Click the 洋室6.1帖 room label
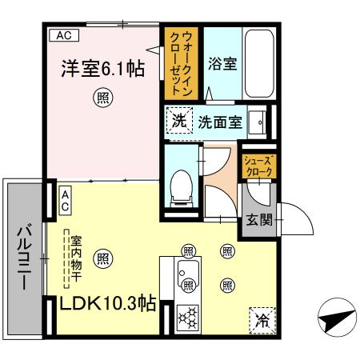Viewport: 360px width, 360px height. tap(103, 69)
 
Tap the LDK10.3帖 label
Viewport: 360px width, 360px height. tap(108, 303)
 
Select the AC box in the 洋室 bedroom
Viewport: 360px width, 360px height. tap(64, 35)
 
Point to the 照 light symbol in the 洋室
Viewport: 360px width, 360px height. tap(103, 98)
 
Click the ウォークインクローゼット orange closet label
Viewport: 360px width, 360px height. tap(181, 63)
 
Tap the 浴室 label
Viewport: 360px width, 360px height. tap(222, 64)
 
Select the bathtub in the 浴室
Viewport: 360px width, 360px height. tap(259, 63)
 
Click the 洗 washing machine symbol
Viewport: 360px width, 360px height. tap(179, 121)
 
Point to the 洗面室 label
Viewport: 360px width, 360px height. tap(220, 122)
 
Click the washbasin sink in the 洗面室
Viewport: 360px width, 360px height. tap(257, 122)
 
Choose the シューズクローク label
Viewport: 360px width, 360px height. tap(258, 166)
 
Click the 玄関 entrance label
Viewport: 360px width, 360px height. tap(259, 220)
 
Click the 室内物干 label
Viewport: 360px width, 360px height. tap(76, 258)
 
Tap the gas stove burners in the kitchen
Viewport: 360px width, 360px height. tap(188, 318)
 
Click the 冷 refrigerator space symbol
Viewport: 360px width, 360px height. tap(262, 321)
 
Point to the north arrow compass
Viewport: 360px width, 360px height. tap(338, 318)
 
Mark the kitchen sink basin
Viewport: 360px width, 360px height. tap(188, 275)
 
